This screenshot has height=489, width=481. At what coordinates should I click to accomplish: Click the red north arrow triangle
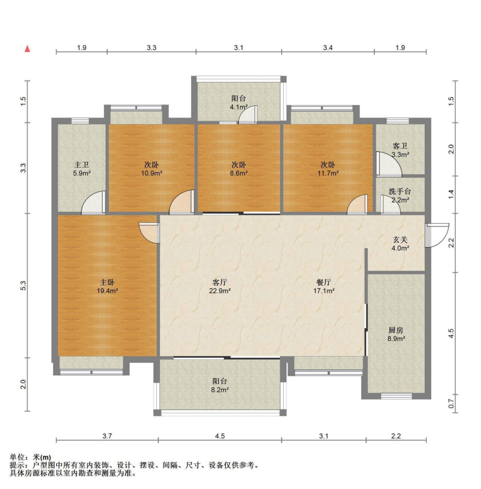pos(27,49)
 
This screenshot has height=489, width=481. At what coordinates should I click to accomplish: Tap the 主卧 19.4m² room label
pos(107,287)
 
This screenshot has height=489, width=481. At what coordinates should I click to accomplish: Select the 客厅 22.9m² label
pos(220,287)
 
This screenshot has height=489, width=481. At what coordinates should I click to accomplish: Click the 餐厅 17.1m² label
pos(324,287)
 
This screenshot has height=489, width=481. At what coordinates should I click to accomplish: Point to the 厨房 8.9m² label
pos(396,334)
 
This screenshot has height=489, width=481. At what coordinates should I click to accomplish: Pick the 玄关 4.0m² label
pos(400,244)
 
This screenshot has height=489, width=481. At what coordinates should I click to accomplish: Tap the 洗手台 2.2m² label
pos(400,195)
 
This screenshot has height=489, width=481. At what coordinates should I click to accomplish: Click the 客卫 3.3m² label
pos(400,150)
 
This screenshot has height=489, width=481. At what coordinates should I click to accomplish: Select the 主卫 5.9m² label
pos(81,168)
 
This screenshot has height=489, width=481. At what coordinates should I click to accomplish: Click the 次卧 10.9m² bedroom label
pos(151,168)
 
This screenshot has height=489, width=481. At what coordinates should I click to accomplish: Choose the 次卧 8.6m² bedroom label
pos(239,168)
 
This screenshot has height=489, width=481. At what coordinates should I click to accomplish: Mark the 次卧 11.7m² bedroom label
pos(328,168)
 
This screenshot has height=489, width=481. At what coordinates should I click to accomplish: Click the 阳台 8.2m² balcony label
pos(220,386)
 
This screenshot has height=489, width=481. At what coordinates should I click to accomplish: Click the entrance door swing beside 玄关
pos(437,235)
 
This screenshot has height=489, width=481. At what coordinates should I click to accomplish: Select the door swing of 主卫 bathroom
pos(93,202)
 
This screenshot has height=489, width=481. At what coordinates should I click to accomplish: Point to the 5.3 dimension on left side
pos(23,286)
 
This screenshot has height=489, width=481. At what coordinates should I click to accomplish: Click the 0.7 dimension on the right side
pos(451,404)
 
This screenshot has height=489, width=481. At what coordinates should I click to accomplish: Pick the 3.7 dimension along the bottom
pos(107,436)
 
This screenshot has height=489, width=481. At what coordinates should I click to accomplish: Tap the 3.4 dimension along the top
pos(328,48)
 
